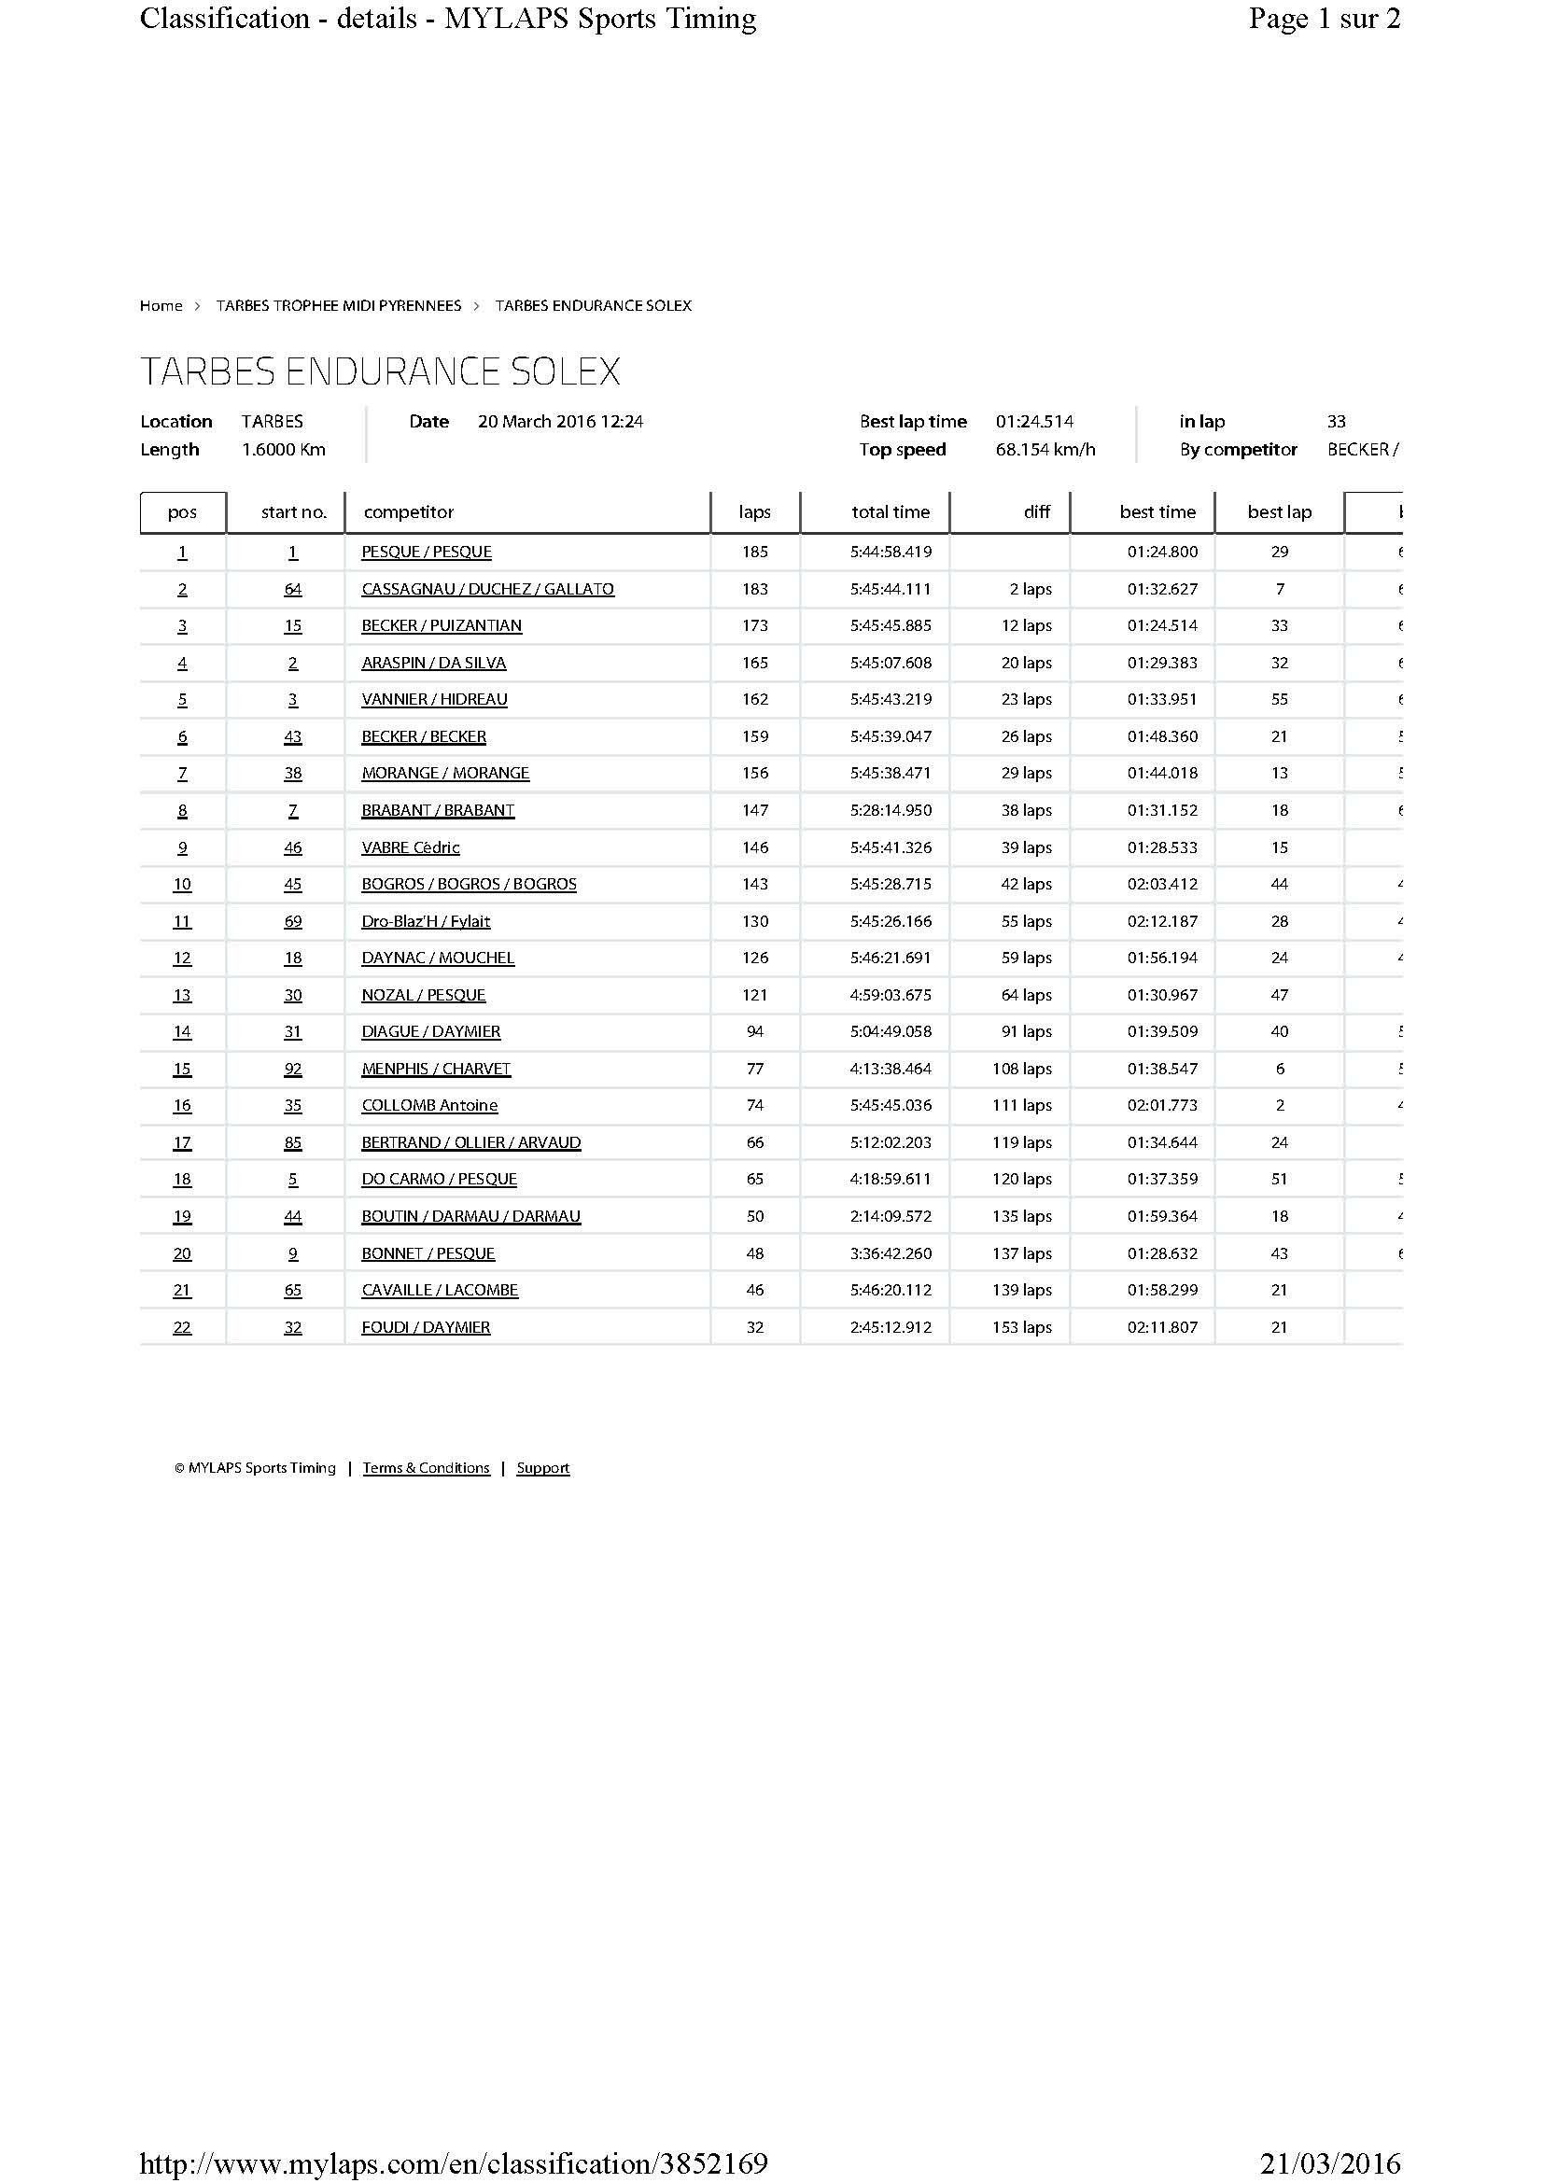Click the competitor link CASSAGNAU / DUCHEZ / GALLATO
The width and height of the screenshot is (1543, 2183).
487,589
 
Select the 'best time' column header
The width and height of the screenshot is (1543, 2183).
1157,511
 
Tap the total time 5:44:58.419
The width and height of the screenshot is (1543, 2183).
891,552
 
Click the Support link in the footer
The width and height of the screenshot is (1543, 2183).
543,1467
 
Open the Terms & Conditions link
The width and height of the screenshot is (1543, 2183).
426,1467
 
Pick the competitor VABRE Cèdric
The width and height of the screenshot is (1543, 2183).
411,847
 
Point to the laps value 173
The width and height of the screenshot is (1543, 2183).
755,625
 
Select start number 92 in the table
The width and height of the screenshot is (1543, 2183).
293,1069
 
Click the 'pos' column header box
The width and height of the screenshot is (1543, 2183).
183,511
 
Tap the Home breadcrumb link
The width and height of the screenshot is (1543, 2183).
161,305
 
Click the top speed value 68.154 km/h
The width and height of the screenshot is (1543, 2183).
1045,450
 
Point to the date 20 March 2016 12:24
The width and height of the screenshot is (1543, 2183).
560,421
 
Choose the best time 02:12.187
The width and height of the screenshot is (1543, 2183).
1163,920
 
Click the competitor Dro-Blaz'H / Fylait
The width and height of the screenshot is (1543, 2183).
426,920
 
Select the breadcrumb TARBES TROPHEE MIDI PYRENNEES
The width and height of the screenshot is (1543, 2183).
339,305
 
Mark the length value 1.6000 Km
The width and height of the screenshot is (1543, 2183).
284,450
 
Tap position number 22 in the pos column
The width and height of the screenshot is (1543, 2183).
183,1326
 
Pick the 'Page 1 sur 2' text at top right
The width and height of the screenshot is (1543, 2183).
1325,18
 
